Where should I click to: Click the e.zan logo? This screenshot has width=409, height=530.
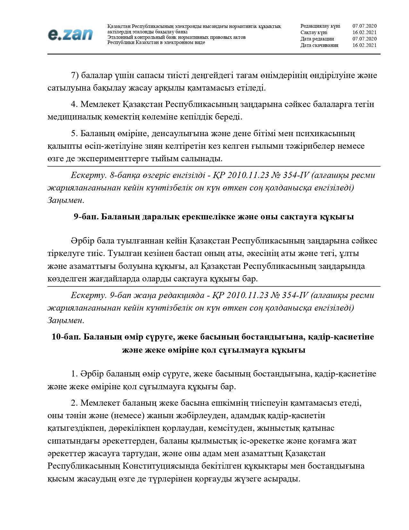70,34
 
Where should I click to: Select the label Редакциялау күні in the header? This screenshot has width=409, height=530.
320,26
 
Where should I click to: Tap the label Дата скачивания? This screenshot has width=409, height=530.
319,45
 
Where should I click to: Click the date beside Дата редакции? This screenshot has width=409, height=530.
364,39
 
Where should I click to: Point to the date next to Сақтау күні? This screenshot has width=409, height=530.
364,32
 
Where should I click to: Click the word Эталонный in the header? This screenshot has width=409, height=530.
120,37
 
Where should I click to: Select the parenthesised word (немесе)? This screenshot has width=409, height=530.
127,416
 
